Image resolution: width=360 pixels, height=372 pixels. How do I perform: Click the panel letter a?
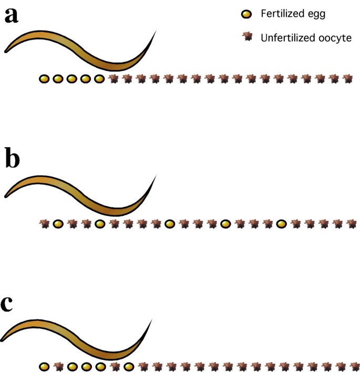[12, 16]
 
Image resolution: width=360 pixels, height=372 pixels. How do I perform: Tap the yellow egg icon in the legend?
[245, 14]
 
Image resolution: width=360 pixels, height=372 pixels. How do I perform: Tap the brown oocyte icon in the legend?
[245, 37]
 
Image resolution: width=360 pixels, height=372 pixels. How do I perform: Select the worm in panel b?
[79, 194]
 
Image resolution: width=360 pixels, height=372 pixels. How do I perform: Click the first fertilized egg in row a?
[45, 79]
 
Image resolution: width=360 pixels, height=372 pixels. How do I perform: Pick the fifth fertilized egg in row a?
[100, 79]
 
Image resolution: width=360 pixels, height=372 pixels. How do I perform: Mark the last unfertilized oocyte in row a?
[347, 79]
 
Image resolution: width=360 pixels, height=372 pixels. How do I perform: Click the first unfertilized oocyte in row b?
[45, 224]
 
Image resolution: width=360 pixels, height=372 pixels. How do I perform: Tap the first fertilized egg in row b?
[58, 224]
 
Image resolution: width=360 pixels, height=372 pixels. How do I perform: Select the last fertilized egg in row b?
[282, 224]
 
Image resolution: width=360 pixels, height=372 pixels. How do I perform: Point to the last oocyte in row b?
[352, 224]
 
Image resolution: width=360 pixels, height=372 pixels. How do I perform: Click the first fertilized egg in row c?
[45, 366]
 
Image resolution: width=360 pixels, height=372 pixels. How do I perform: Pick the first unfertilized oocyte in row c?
[58, 366]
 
